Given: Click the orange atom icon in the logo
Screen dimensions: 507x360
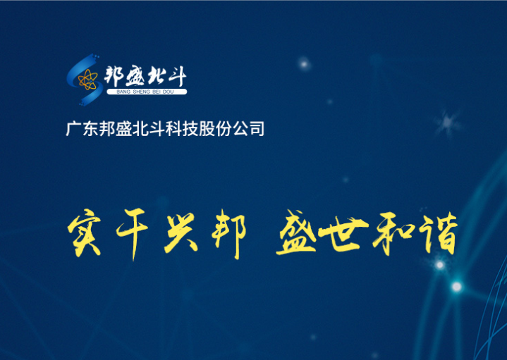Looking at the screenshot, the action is click(87, 80).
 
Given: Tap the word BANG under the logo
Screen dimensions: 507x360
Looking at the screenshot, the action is click(123, 92).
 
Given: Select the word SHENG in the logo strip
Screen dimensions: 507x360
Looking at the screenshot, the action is click(142, 92).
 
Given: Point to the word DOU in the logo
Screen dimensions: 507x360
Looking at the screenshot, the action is click(168, 92).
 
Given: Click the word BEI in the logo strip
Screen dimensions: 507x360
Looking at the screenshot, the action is click(157, 92).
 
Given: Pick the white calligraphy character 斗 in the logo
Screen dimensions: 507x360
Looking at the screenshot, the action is click(177, 77).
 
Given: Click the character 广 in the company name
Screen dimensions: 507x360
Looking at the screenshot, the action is click(73, 129).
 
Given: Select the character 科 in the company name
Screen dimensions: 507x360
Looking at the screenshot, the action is click(173, 129).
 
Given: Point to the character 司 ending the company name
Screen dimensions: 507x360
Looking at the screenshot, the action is click(257, 129).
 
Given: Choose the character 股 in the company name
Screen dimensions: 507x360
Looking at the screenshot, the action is click(207, 129).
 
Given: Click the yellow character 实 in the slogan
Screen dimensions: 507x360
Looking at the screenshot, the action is click(84, 232).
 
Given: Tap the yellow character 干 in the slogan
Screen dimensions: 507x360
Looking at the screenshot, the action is click(133, 233).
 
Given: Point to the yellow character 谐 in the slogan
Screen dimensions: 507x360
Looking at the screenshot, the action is click(438, 233).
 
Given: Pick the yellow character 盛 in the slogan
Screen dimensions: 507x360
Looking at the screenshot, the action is click(295, 232).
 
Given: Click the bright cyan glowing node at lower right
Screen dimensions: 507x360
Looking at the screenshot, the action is click(456, 286).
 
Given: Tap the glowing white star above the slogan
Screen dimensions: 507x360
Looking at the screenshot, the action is click(304, 63).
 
